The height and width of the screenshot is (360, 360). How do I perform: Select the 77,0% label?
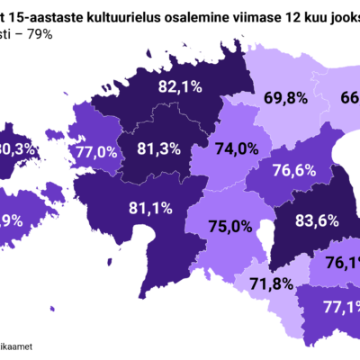coord(96,152)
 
